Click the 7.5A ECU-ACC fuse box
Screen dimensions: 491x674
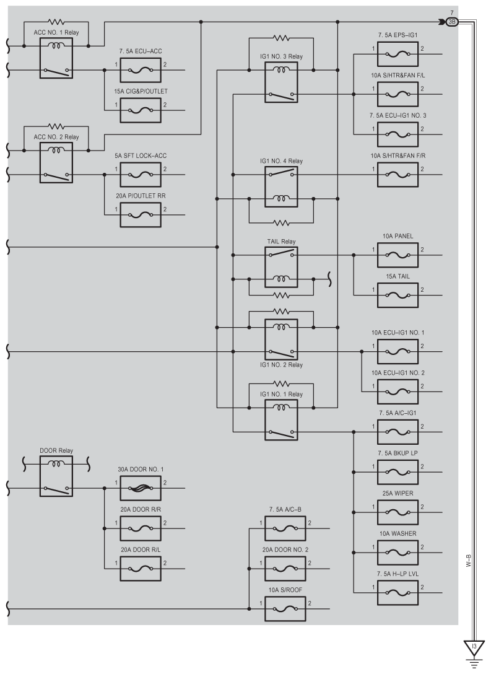(141, 69)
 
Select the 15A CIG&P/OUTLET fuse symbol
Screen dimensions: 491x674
(141, 110)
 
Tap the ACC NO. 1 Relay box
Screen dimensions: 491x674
(56, 58)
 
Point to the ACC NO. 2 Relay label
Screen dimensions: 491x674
(56, 137)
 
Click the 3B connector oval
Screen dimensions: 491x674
(452, 22)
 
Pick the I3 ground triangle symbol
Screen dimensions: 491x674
(474, 648)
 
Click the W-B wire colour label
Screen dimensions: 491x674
(469, 561)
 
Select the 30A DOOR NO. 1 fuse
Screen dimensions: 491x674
(141, 488)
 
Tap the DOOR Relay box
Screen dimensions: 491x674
(56, 476)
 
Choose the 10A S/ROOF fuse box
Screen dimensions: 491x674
(285, 609)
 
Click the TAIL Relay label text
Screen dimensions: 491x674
(281, 242)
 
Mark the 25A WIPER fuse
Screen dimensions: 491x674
(398, 512)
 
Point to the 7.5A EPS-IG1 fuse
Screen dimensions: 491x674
(398, 54)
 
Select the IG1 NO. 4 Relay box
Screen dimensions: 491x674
(281, 187)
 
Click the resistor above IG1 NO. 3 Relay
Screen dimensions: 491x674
(281, 38)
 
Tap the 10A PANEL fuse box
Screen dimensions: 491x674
(398, 255)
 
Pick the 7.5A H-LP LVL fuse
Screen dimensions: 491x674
(398, 593)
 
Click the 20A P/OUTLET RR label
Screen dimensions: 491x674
(141, 196)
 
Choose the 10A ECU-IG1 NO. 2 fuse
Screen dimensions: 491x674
(398, 392)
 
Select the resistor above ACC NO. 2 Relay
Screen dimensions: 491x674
(56, 126)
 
